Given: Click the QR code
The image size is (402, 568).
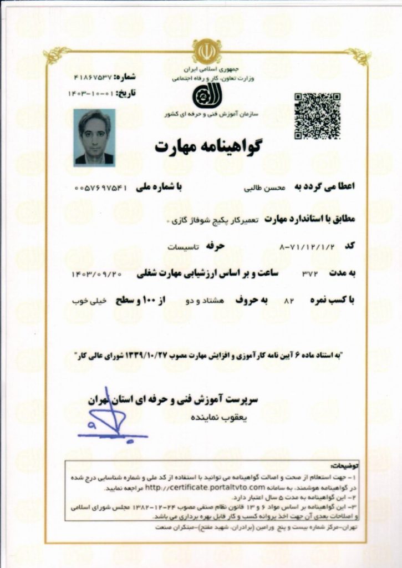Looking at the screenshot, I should [x=317, y=116].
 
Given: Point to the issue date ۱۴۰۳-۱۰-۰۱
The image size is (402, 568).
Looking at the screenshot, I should [x=91, y=93].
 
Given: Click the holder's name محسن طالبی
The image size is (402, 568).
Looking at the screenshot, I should [x=263, y=187].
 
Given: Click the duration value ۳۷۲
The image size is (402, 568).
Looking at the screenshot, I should [x=308, y=273].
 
